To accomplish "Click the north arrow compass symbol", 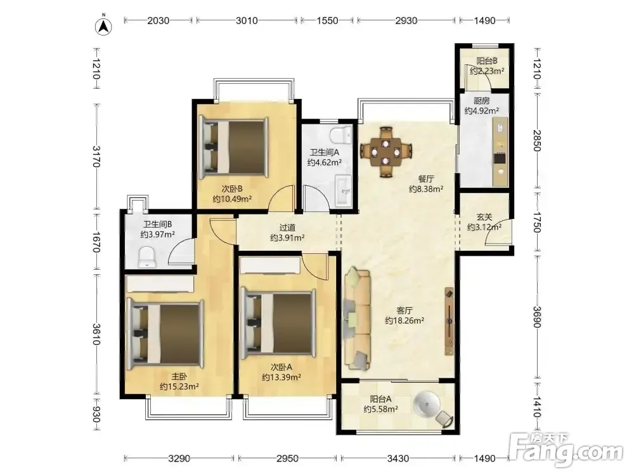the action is coord(103,26).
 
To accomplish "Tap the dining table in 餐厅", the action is coord(386,152).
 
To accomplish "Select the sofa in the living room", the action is coord(357,318).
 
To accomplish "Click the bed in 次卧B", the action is coord(234,147).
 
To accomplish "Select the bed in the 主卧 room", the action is coord(165,334).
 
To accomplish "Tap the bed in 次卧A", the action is coord(278,324).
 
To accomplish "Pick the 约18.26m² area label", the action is coord(404,321).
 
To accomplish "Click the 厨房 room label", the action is coord(481,101).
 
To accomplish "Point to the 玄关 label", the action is coord(484,217).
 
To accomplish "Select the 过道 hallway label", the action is coord(287,228).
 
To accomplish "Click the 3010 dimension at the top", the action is coord(247,20).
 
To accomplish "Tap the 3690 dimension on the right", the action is coord(536,317).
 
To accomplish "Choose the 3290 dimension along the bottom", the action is coord(179,459).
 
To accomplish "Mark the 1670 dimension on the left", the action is coord(96,242).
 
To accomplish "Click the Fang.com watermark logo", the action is coord(566,449).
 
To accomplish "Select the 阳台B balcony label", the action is coord(487,61).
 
